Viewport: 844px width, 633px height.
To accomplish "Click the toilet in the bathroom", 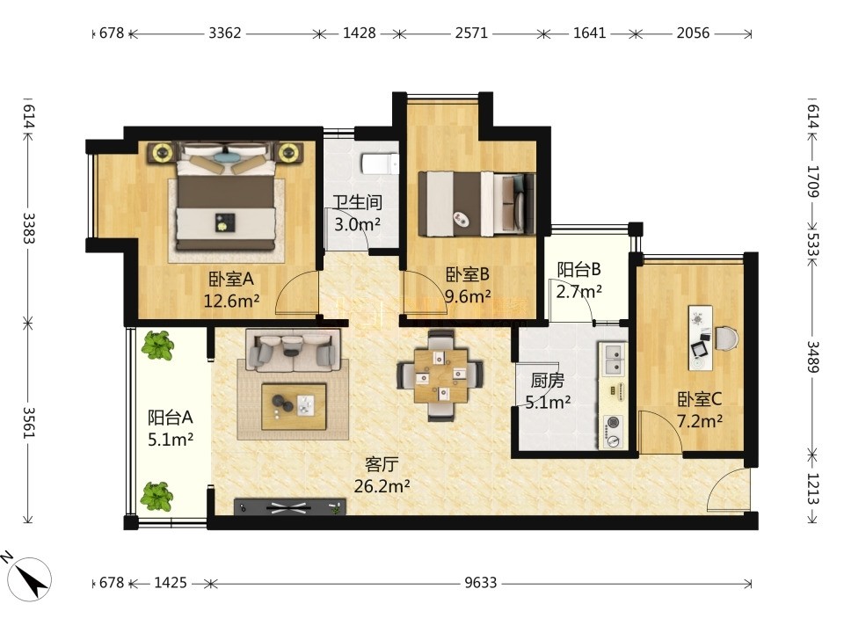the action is coord(380,164).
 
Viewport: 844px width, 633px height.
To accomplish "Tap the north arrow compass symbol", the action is coord(33,579).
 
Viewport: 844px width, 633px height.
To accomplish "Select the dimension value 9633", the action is coord(481,583).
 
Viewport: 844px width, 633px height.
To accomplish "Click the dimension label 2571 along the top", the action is coord(471,33).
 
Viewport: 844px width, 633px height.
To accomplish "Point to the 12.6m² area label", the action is coord(231,301).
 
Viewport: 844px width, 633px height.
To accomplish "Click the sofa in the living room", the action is coord(294,350).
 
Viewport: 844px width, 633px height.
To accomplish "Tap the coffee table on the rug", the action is coord(294,406).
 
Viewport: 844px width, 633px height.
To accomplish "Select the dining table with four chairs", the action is coord(440,375).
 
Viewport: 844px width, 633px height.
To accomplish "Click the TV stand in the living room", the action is coord(289,507).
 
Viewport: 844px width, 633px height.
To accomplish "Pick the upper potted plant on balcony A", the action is coord(157,345).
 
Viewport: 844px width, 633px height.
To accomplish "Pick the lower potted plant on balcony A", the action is coord(156,496).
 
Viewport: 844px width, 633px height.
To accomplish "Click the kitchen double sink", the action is coord(614,360).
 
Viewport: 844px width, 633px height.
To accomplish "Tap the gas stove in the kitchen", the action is coord(614,432).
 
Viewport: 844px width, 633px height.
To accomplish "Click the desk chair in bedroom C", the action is coord(727,338).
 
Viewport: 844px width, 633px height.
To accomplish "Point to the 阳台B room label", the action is coord(578,269).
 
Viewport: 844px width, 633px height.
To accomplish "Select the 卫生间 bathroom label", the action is coord(358,202).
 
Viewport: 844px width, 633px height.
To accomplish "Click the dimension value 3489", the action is coord(812,357).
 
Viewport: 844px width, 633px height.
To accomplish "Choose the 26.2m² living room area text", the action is coord(382,486).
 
